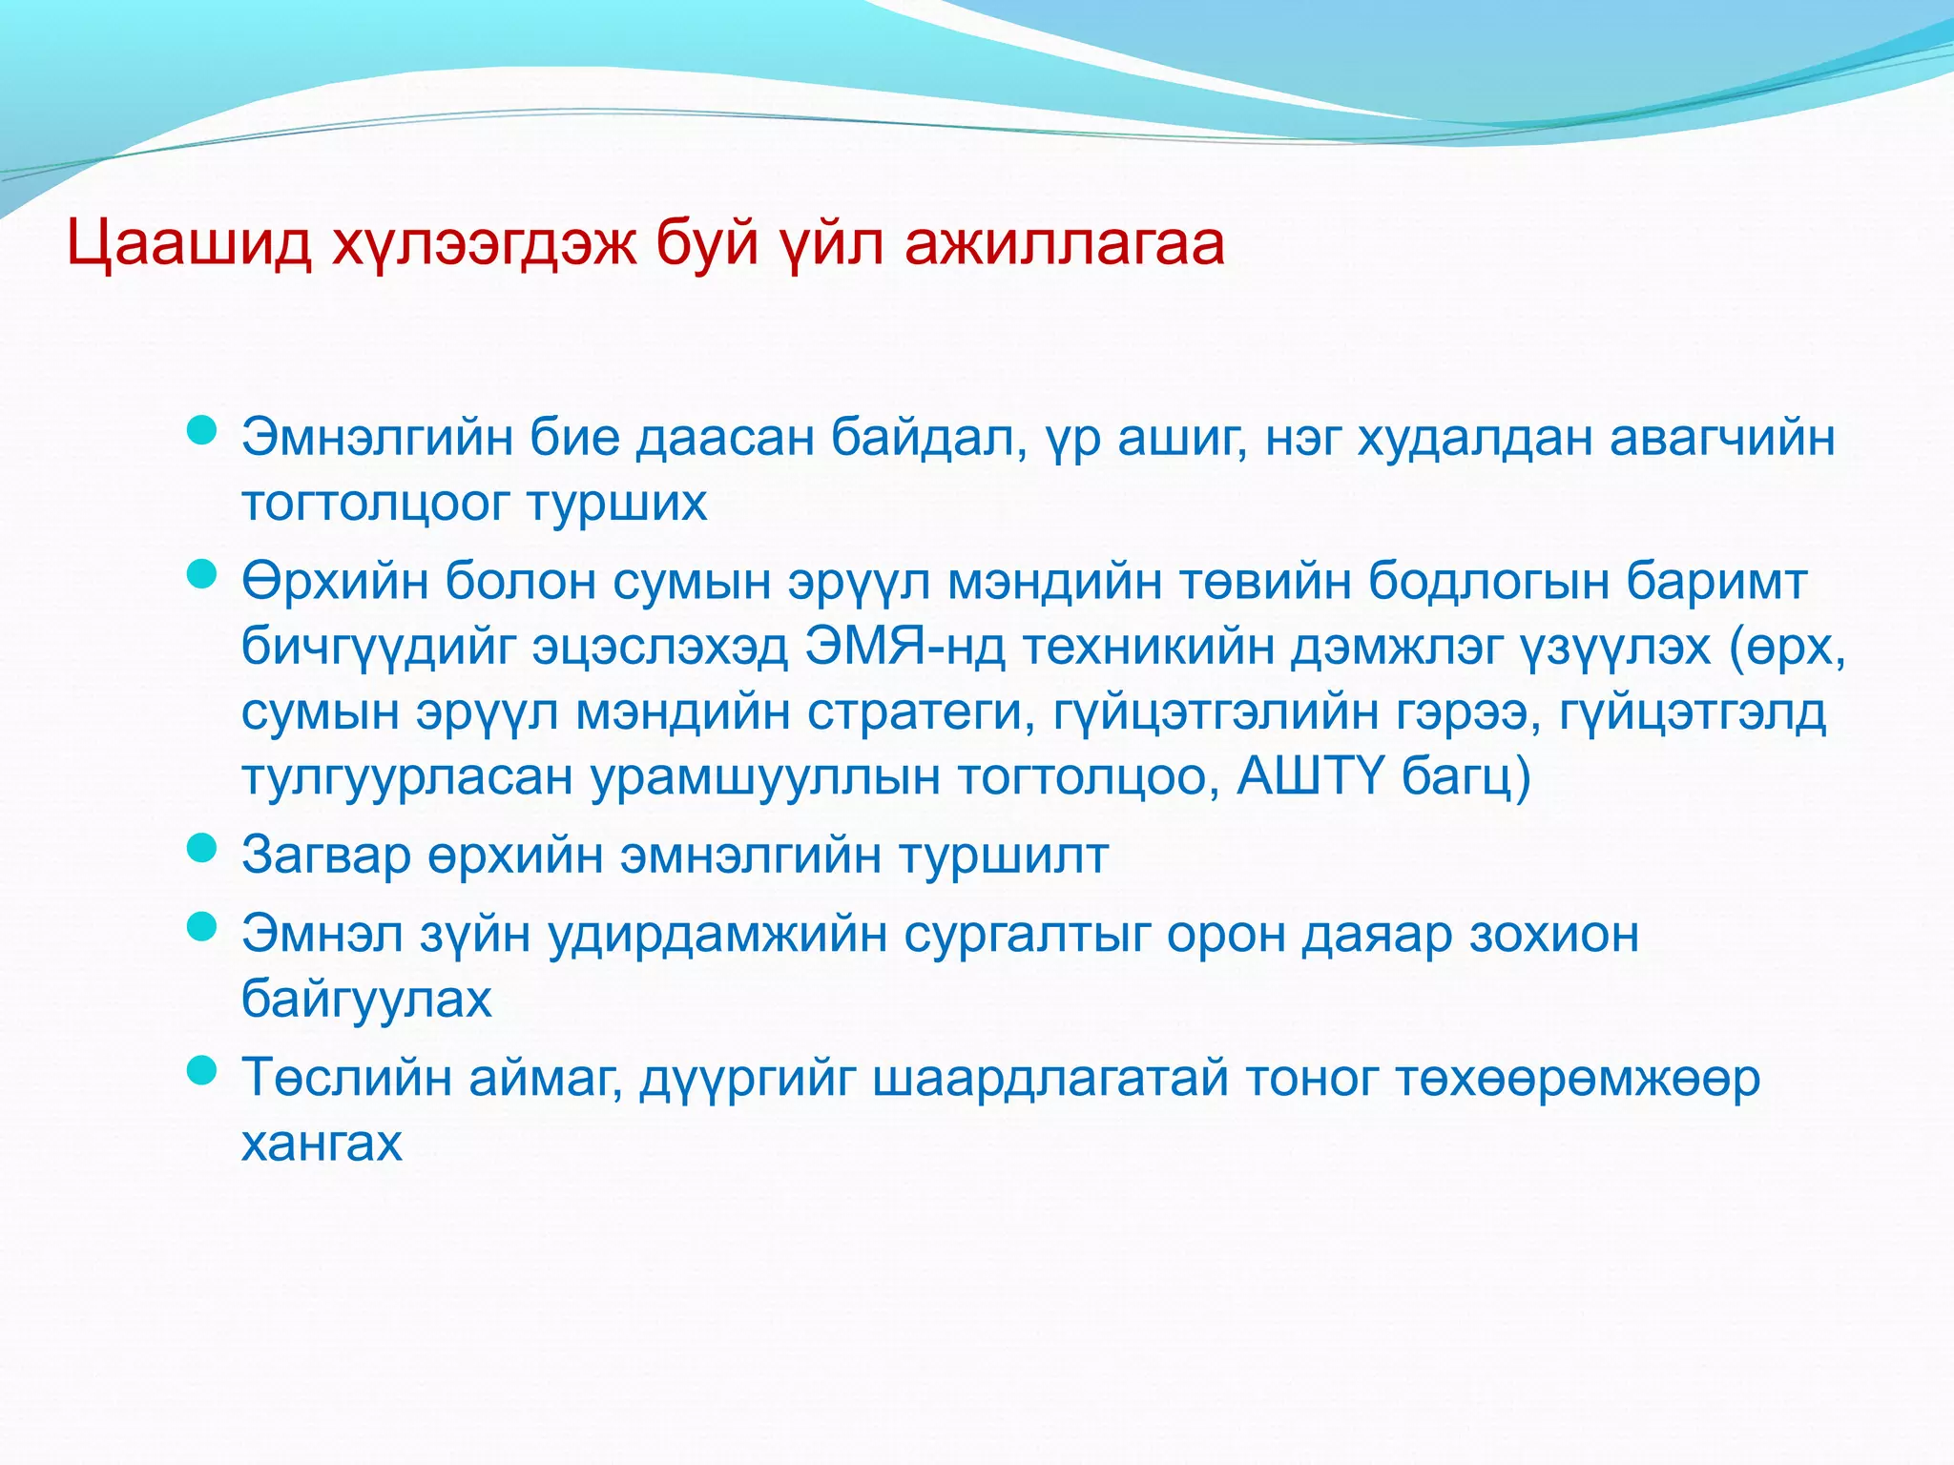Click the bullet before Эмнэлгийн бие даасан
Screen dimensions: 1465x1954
201,432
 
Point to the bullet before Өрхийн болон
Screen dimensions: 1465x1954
201,574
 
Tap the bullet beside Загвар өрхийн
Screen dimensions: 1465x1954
201,847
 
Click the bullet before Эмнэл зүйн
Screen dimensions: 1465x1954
201,926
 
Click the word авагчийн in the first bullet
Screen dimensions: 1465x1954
1722,439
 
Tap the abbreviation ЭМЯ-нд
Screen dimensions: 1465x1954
904,647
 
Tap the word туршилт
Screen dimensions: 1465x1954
1004,856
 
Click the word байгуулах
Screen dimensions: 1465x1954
366,1000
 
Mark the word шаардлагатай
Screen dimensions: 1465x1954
1050,1079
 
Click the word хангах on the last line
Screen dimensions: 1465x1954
322,1143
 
